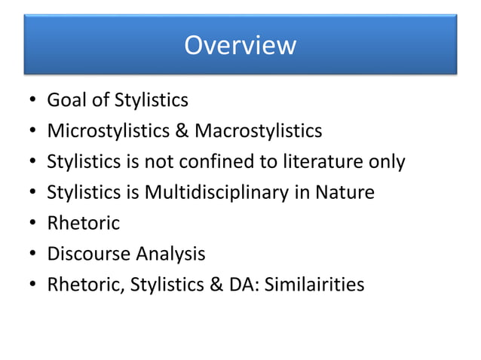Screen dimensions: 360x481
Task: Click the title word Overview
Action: [x=240, y=45]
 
